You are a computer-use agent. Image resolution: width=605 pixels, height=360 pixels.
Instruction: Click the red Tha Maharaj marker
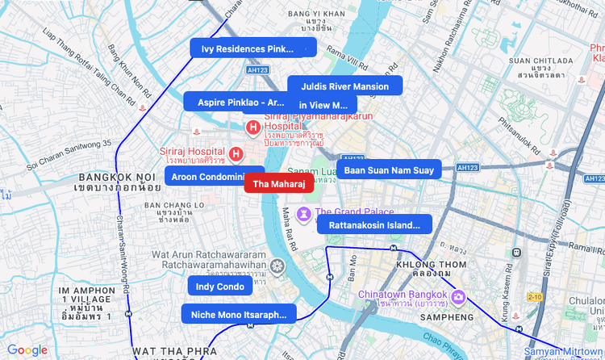[x=278, y=184]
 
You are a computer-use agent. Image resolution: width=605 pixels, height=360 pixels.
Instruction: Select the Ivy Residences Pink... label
[x=242, y=48]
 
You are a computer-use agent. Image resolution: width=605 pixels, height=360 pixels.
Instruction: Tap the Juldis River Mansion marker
[x=344, y=86]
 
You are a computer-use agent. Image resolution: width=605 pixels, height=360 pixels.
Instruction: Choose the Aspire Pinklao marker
[x=234, y=102]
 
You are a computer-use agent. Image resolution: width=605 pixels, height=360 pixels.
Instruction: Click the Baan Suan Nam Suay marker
[x=389, y=170]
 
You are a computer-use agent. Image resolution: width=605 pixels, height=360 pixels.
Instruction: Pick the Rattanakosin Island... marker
[x=374, y=224]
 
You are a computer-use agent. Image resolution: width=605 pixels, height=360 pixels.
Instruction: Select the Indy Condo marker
[x=219, y=287]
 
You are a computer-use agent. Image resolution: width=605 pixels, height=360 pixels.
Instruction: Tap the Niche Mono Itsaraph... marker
[x=239, y=314]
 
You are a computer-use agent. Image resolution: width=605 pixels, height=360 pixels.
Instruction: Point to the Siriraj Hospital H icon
[x=236, y=153]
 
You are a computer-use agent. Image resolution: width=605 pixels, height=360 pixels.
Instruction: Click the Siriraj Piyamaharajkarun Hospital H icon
[x=252, y=127]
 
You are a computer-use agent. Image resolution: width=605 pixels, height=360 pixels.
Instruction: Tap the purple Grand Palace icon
[x=303, y=213]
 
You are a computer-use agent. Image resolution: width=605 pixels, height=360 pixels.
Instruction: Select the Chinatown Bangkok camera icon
[x=458, y=298]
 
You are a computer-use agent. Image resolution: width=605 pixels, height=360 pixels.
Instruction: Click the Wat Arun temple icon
[x=277, y=266]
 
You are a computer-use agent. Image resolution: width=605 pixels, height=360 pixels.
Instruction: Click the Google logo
[x=27, y=350]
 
